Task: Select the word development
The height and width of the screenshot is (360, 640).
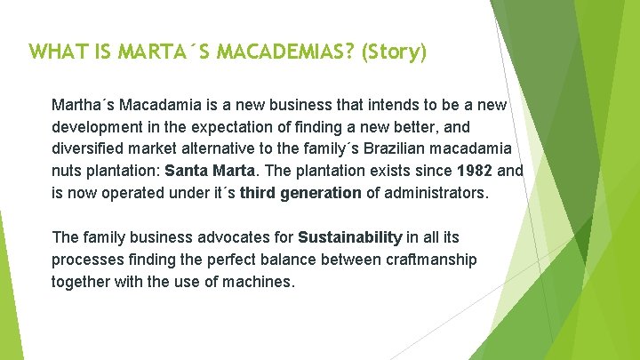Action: point(97,126)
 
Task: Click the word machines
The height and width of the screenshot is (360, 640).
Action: point(260,281)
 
